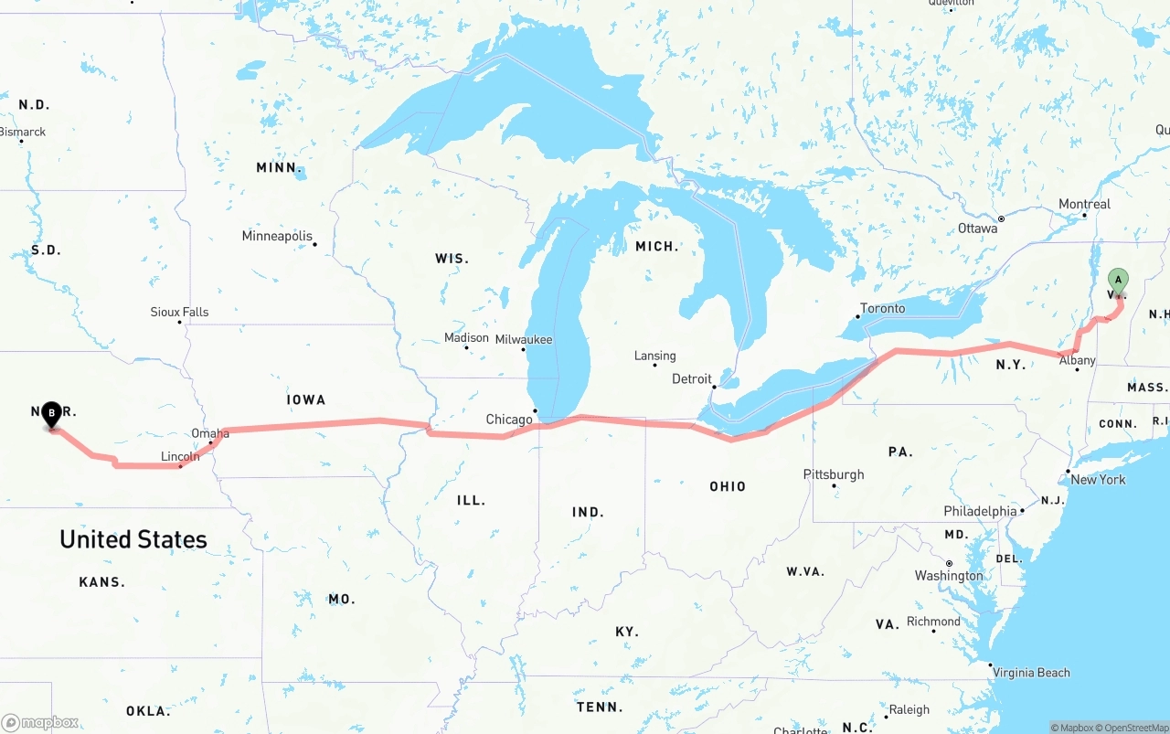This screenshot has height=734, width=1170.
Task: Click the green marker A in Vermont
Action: [x=1118, y=281]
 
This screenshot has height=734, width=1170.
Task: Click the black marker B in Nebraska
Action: [x=52, y=414]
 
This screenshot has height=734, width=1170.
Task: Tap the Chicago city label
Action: [x=509, y=420]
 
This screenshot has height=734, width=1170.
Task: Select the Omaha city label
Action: [x=210, y=433]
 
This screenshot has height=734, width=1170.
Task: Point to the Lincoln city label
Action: [x=180, y=456]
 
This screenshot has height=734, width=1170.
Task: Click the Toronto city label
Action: [x=883, y=308]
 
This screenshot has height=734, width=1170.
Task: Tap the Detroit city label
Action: [x=692, y=378]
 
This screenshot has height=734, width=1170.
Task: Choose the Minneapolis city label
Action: [x=277, y=236]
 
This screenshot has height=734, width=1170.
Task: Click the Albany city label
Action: [x=1077, y=360]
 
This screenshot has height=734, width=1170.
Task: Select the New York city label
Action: [x=1098, y=479]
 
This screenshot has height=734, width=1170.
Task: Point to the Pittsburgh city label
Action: [x=834, y=474]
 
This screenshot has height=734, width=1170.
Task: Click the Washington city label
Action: [x=949, y=575]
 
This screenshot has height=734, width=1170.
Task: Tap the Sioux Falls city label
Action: [x=179, y=312]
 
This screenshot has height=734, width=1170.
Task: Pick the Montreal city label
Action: [x=1084, y=204]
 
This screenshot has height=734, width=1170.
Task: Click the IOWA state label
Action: [x=305, y=399]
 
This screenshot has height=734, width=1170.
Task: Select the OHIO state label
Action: [x=728, y=486]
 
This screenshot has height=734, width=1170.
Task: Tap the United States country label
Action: [x=133, y=539]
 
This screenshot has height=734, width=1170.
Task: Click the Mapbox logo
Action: [x=40, y=722]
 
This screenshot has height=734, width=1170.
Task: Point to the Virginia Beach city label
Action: [x=1031, y=672]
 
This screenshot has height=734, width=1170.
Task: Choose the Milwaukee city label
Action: [x=524, y=339]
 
